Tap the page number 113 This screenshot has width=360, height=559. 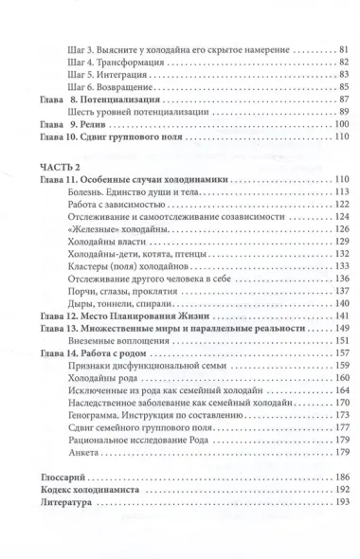[342, 192]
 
